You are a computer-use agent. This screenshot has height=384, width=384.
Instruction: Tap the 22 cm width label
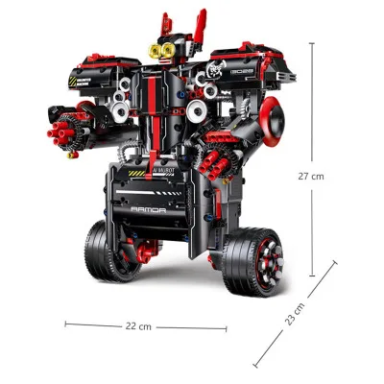tap(138, 326)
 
